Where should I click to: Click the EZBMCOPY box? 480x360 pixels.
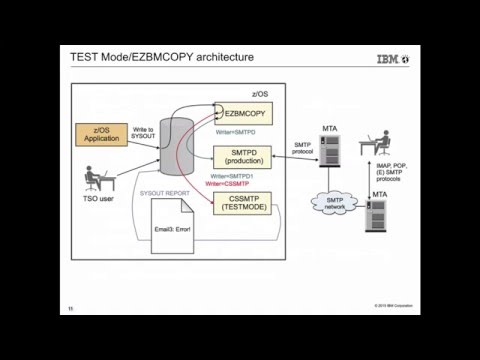coord(244,113)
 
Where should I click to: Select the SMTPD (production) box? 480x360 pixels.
coord(243,158)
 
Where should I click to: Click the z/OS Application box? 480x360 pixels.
coord(100,135)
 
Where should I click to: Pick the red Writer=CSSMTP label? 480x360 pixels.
coord(226,184)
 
